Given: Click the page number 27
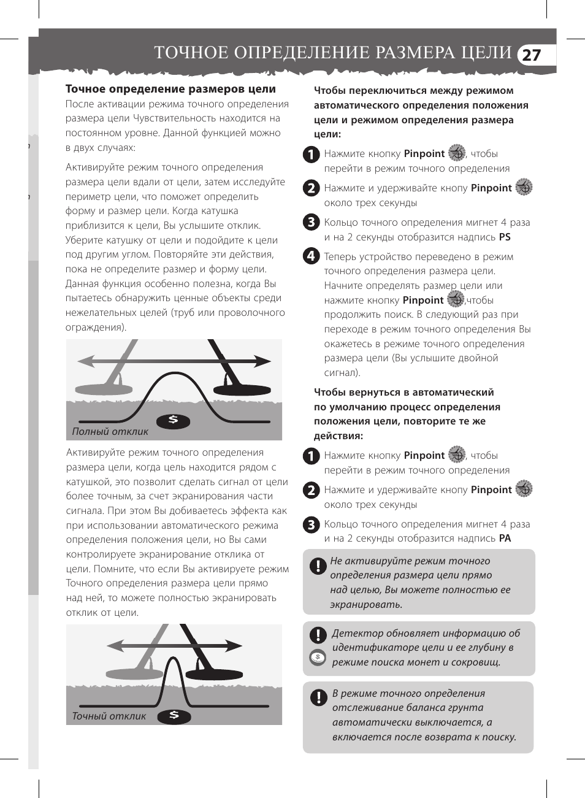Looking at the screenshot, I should (x=531, y=55).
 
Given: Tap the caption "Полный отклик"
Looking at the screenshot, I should (x=110, y=431).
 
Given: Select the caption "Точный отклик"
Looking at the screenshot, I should (x=109, y=716).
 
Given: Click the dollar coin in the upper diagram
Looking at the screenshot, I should (x=173, y=420).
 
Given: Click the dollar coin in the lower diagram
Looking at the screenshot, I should (x=174, y=715).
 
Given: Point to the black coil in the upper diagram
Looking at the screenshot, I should (x=242, y=389).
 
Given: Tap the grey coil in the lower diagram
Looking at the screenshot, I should (x=131, y=673).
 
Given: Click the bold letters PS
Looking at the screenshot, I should (x=505, y=237).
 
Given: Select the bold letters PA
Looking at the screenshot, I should (x=505, y=539).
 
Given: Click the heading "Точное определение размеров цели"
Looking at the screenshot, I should (x=170, y=90).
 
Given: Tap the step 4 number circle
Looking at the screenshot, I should (x=312, y=256).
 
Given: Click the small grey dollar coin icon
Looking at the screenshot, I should (x=318, y=658).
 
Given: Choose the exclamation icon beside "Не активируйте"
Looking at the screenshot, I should (x=318, y=566).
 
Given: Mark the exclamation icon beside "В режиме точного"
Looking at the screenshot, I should (x=318, y=697).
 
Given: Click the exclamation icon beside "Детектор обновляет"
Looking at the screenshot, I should (x=318, y=635).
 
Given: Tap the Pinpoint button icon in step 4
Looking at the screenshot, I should (x=456, y=299).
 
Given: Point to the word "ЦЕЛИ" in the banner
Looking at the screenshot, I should (x=484, y=53).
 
